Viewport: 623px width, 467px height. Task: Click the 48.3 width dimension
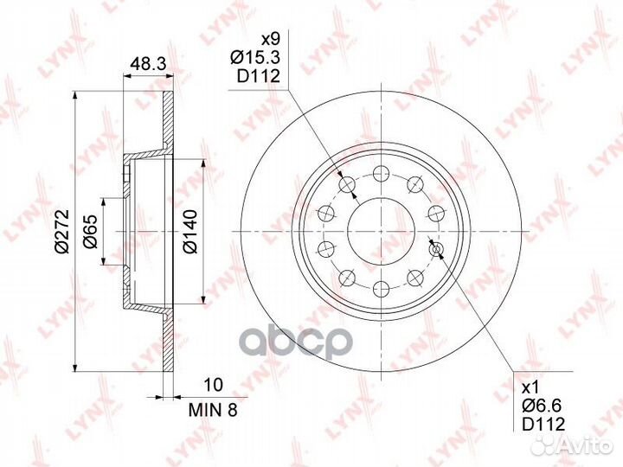point(148,64)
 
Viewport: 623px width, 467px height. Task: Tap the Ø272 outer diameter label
point(62,231)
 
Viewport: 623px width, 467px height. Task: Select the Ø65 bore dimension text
point(90,232)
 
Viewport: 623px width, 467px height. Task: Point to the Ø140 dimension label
point(190,232)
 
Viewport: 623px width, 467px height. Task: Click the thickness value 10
point(214,384)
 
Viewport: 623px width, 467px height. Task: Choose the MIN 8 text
point(213,410)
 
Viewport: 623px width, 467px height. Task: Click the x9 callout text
point(270,39)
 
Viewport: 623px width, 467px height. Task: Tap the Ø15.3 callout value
point(255,58)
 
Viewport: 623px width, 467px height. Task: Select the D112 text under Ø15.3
point(259,76)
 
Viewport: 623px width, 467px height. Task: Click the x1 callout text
point(530,387)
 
